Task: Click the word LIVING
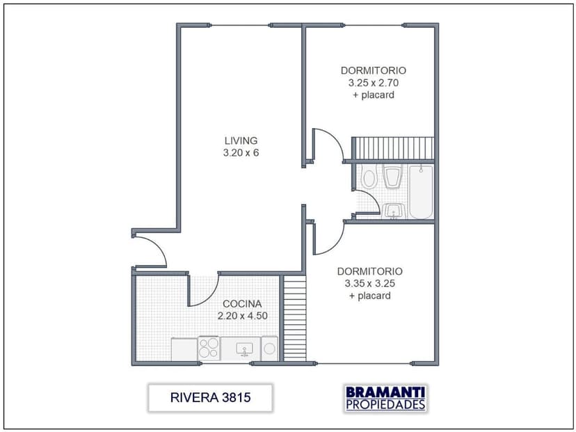(x=241, y=140)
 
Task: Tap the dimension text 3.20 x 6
(x=241, y=152)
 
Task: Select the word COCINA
(x=242, y=304)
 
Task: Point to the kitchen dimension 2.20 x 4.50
(x=242, y=316)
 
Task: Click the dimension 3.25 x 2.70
(x=373, y=82)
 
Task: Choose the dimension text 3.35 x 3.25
(x=369, y=283)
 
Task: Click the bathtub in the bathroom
(x=421, y=191)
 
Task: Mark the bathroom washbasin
(x=394, y=211)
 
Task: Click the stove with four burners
(x=209, y=348)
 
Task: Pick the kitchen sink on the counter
(x=244, y=348)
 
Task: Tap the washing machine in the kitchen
(x=270, y=349)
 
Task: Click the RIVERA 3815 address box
(x=210, y=398)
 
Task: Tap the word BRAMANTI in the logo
(x=385, y=392)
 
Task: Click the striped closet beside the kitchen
(x=295, y=318)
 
